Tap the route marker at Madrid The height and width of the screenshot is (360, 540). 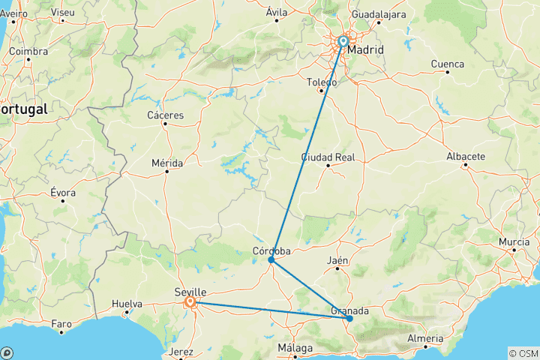[x=343, y=42]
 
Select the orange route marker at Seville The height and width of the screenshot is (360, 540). [x=190, y=302]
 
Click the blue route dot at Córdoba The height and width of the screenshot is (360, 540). [x=271, y=260]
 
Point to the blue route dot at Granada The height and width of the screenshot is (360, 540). [x=349, y=319]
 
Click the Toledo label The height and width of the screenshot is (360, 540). [x=322, y=82]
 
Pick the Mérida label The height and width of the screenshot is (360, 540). [x=167, y=162]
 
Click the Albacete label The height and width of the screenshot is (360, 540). [x=465, y=156]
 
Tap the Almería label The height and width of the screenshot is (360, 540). [x=424, y=338]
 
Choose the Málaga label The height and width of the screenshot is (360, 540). [x=295, y=348]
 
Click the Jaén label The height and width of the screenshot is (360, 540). [x=337, y=260]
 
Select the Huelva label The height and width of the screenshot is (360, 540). [x=127, y=304]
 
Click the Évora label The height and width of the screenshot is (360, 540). [x=63, y=193]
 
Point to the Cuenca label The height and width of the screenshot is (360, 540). [x=448, y=64]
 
